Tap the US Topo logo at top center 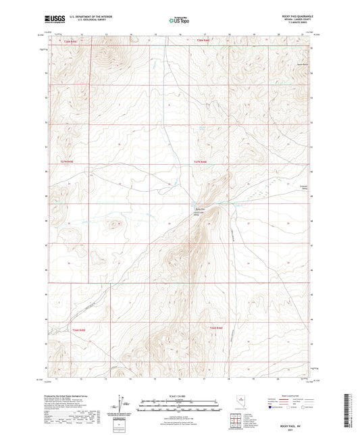tap(177, 21)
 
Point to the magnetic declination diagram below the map tap(124, 403)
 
